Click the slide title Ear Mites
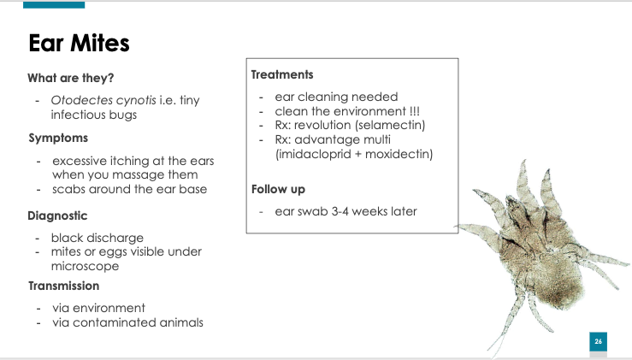coord(79,43)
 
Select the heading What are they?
coord(71,78)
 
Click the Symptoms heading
coord(58,139)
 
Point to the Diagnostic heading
coord(57,215)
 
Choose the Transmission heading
coord(63,286)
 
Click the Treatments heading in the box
coord(282,74)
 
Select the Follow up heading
coord(278,190)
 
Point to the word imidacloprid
coord(315,154)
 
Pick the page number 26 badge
coord(598,341)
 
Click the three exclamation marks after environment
coord(415,111)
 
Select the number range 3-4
coord(340,211)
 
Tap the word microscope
coord(85,266)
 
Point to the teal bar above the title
coord(54,5)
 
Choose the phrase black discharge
coord(97,238)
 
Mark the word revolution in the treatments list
coord(322,125)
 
